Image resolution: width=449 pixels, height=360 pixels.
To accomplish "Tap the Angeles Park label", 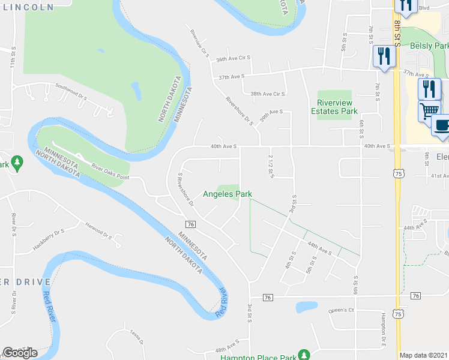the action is pyautogui.click(x=227, y=194).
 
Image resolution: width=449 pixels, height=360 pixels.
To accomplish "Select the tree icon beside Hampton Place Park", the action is pyautogui.click(x=304, y=354).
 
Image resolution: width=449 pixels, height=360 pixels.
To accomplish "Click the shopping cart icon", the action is pyautogui.click(x=429, y=110).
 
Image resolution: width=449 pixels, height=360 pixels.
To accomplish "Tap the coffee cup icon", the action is pyautogui.click(x=442, y=125).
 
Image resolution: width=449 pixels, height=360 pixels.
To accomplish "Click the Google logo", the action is pyautogui.click(x=20, y=353).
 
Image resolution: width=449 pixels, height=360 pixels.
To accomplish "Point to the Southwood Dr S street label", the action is pyautogui.click(x=71, y=92).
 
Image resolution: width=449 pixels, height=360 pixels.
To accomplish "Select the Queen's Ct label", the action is pyautogui.click(x=342, y=311).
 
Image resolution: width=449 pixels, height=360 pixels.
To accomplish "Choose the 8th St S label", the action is pyautogui.click(x=397, y=31).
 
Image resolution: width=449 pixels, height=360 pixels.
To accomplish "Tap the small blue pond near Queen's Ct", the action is pyautogui.click(x=306, y=307).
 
